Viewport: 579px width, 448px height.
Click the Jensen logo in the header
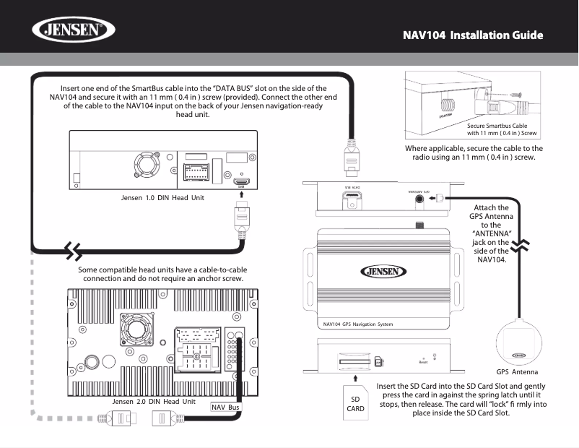(x=73, y=32)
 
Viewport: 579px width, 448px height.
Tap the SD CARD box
(x=356, y=403)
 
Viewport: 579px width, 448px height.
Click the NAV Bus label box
(x=225, y=407)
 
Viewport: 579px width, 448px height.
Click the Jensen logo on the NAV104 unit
(x=383, y=272)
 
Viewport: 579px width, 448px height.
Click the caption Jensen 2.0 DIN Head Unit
(x=154, y=401)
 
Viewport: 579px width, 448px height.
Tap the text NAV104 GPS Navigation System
(x=359, y=324)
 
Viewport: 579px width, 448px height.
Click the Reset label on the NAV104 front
(x=423, y=362)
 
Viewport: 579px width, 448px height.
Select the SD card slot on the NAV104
(x=354, y=358)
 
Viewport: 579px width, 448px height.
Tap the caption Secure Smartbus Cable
(x=497, y=126)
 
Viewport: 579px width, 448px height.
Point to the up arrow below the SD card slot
(x=355, y=377)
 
